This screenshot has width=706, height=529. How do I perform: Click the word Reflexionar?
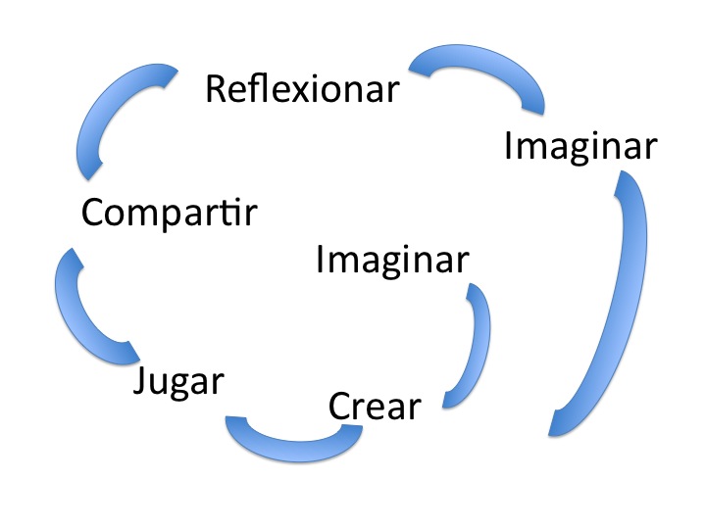[x=302, y=89]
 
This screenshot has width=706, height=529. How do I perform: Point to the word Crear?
[x=375, y=405]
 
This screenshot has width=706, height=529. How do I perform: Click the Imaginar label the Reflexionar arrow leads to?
[x=580, y=146]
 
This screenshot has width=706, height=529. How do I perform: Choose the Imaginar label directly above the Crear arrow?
[x=392, y=261]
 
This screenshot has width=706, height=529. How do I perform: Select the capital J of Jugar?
[x=141, y=379]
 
